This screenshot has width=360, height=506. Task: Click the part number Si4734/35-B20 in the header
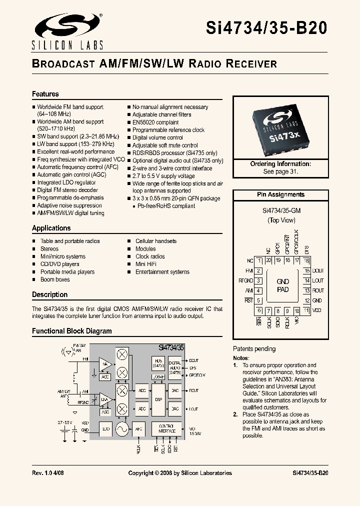266,27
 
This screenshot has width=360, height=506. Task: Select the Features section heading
45,94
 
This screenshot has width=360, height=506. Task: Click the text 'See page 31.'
280,171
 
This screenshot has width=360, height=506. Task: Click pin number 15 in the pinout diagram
307,270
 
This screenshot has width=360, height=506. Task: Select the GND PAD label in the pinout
283,285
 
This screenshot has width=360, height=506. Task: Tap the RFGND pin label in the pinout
246,280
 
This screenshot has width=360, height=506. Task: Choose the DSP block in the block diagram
158,400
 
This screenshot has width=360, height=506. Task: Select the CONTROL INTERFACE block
166,428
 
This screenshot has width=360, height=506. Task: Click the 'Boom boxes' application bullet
55,279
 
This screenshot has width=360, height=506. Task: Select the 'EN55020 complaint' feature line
155,122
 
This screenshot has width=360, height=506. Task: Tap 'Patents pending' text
254,349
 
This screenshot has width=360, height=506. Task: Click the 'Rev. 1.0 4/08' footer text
48,473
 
